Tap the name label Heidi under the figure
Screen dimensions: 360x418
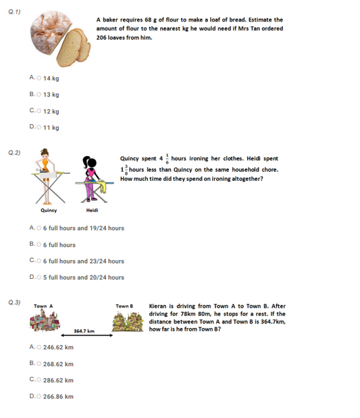point(91,210)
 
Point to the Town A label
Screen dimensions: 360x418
point(43,307)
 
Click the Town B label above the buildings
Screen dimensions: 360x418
point(124,307)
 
